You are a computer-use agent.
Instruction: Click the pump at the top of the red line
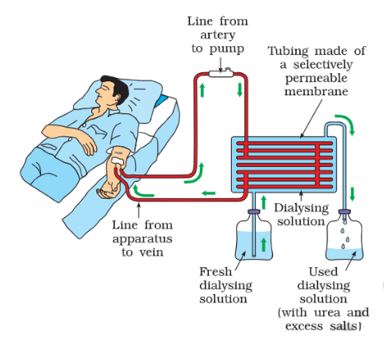tap(221, 73)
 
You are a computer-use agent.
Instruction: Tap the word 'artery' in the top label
tap(218, 35)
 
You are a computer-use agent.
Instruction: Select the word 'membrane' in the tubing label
tap(316, 91)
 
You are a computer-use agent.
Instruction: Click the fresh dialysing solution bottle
tap(253, 235)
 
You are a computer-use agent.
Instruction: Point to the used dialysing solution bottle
tap(345, 235)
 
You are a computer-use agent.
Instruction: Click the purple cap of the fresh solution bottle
tap(254, 211)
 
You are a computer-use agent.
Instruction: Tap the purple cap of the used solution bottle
tap(345, 211)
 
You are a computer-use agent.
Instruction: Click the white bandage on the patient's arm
tap(118, 161)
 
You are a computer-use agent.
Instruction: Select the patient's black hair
tap(117, 86)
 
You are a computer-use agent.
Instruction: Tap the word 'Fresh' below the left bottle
tap(215, 272)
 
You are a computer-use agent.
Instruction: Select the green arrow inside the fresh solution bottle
tap(263, 244)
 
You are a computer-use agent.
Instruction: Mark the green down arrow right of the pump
tap(240, 90)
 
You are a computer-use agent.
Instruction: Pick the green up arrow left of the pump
tap(202, 90)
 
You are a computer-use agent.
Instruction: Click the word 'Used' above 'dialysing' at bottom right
tap(323, 272)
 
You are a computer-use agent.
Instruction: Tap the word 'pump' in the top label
tap(227, 49)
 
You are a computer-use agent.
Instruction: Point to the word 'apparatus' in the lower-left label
tap(142, 239)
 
